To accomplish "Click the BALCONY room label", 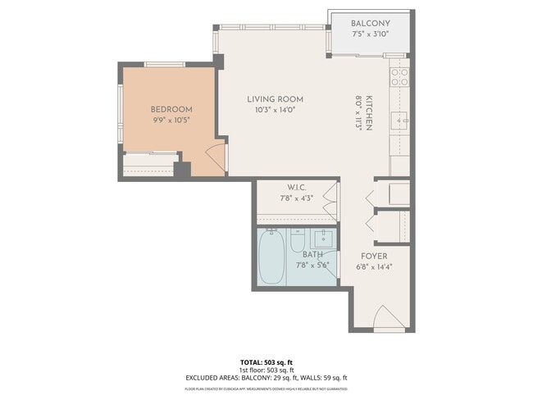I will point(370,23).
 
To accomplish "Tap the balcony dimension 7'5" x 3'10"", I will point(370,34).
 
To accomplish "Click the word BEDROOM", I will point(171,109).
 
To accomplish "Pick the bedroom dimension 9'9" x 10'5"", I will point(171,120).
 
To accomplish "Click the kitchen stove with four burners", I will point(399,78).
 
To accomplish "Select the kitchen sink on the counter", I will point(401,121).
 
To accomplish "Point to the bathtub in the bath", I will point(271,257).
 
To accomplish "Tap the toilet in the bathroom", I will point(298,239).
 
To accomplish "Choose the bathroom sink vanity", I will point(324,239).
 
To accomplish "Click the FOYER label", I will point(374,256).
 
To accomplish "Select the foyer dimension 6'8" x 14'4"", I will point(374,266).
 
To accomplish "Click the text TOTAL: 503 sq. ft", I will point(266,361).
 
